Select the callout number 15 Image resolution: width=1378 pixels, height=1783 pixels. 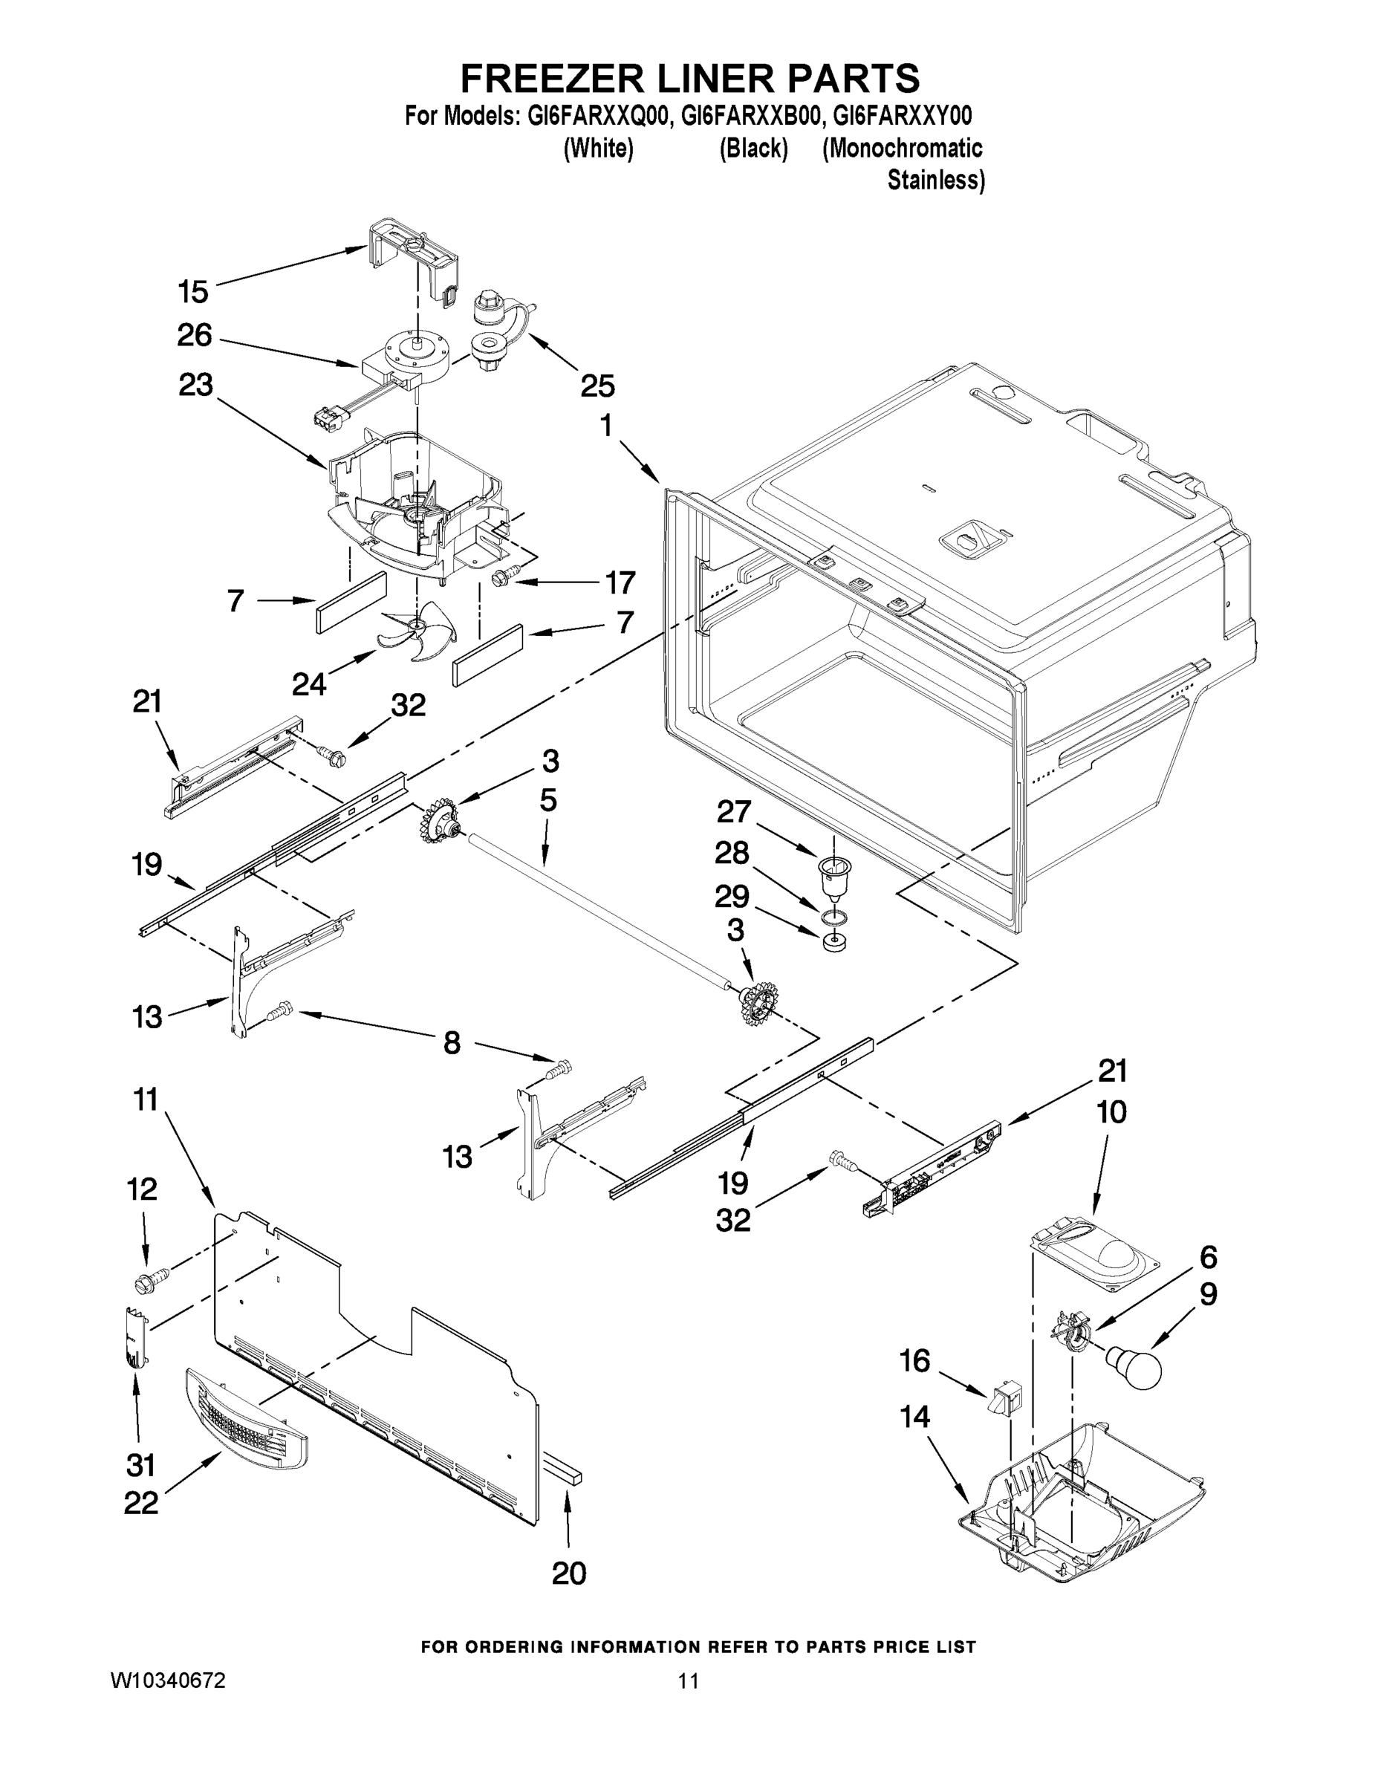[193, 291]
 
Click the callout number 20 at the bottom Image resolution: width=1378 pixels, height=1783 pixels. [569, 1573]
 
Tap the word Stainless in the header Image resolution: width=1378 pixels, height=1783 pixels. [935, 180]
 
